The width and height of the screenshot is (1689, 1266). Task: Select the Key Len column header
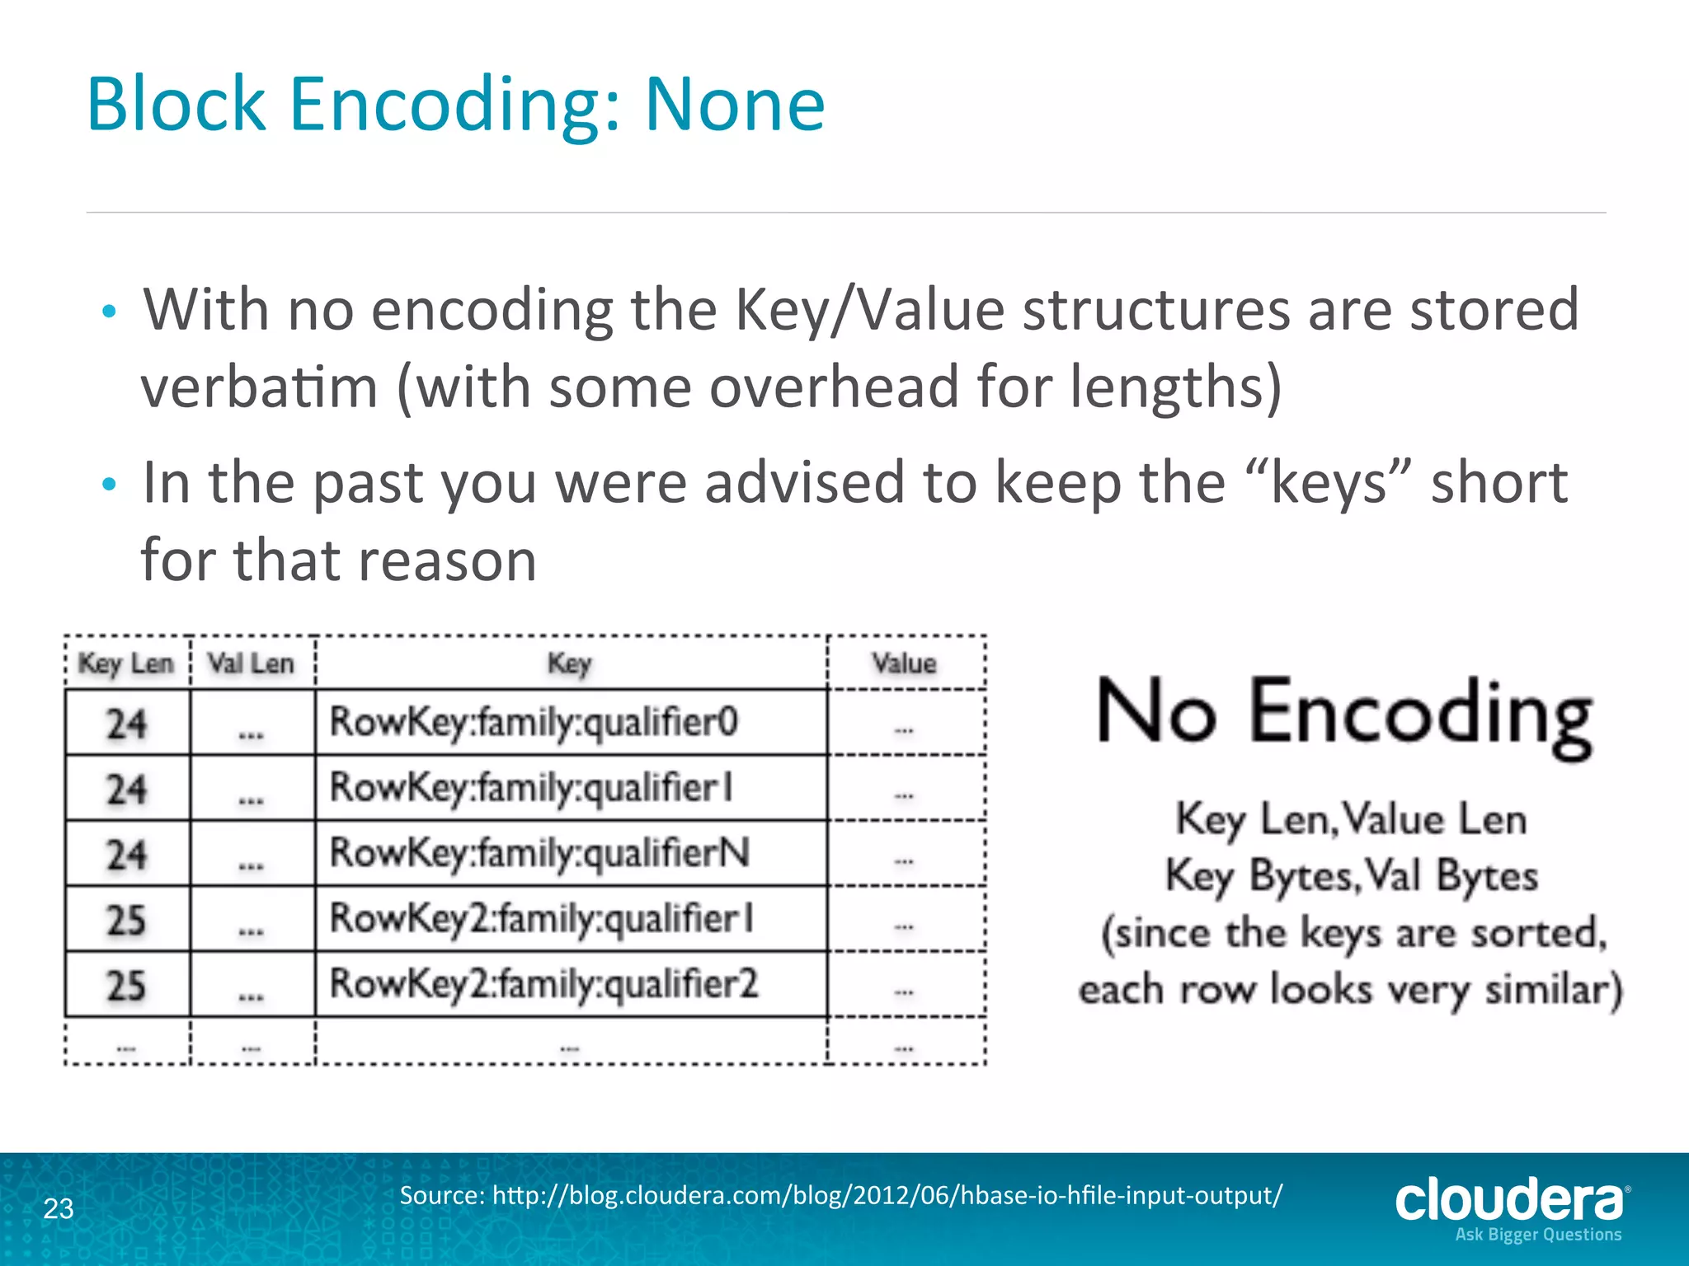(126, 663)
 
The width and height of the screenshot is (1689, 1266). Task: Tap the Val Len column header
(251, 663)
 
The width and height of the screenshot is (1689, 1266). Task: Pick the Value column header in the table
(905, 663)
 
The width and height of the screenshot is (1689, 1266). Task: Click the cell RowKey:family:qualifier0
(534, 722)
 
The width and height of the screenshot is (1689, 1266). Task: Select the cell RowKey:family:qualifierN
(540, 852)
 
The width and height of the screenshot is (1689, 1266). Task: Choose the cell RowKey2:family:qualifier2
(543, 983)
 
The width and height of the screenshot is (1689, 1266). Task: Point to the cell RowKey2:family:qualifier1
(542, 918)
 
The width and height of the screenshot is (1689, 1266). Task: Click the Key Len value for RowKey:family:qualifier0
(126, 724)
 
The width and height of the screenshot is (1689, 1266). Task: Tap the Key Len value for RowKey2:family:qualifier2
(126, 985)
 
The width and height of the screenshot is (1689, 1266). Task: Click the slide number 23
(59, 1208)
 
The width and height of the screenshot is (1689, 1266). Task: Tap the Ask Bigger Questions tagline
(1538, 1235)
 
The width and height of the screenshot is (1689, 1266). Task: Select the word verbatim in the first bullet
(259, 387)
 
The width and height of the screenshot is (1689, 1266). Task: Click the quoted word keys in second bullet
(1329, 483)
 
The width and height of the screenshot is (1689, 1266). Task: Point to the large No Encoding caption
(1344, 714)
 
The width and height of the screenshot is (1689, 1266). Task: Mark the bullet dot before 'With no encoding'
(109, 312)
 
